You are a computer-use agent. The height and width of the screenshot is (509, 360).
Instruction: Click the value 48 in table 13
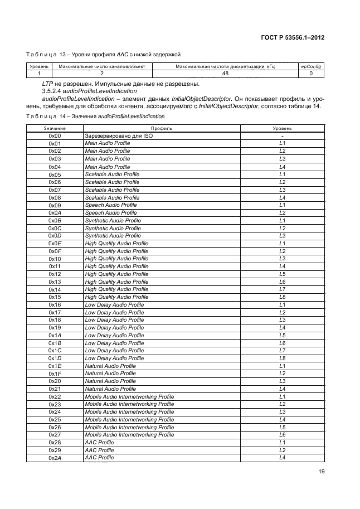point(225,73)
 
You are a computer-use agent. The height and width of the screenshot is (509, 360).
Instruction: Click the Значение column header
point(54,128)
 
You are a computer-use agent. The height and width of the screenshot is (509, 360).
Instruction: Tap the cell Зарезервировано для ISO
point(118,135)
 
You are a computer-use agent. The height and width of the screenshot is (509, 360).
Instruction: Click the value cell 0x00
point(55,135)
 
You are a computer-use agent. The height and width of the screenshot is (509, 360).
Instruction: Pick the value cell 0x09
point(55,205)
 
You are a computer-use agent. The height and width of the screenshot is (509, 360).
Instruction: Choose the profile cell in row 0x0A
point(110,213)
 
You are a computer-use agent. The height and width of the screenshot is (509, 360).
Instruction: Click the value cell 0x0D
point(55,236)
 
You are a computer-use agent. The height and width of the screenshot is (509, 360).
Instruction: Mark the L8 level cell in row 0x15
point(282,297)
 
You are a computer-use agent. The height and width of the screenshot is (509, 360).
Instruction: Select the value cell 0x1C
point(55,351)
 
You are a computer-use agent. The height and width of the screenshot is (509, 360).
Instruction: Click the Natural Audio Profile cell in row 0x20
point(110,381)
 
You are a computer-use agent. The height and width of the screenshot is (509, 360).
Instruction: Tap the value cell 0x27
point(55,434)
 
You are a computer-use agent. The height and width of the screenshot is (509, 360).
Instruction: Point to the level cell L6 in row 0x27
point(282,434)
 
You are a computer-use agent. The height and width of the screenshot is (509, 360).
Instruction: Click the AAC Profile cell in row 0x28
point(99,442)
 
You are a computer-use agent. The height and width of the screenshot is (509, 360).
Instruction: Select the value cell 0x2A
point(55,458)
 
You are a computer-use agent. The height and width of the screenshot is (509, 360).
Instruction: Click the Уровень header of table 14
point(282,128)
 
